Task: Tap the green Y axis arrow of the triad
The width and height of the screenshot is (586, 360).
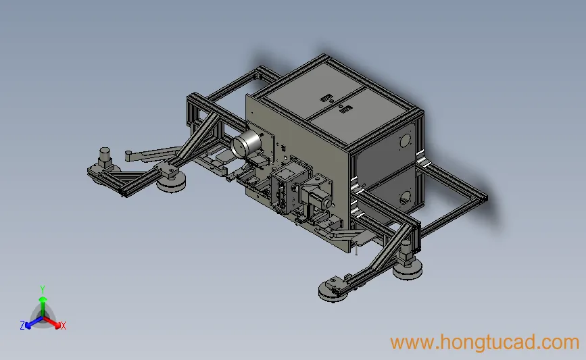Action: point(43,306)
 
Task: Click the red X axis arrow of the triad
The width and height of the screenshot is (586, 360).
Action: point(51,322)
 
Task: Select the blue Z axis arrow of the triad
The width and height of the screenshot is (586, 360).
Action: point(34,323)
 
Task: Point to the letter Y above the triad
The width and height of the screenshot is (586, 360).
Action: point(43,290)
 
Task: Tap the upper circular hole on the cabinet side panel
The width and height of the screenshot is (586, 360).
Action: point(405,141)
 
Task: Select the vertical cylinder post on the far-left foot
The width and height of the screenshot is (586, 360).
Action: point(105,156)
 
